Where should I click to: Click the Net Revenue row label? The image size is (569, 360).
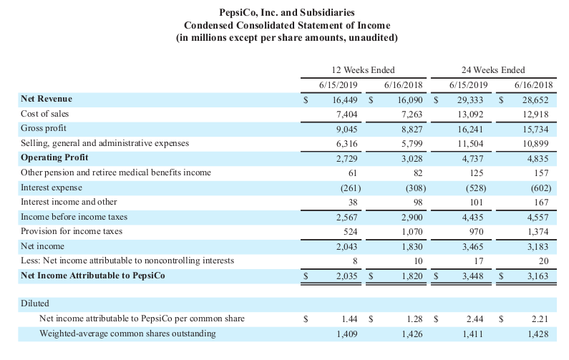47,99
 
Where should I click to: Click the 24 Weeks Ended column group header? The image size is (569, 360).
494,69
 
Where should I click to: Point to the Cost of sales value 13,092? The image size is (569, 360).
472,114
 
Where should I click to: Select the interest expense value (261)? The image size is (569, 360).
347,188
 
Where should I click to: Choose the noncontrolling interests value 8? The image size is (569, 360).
355,261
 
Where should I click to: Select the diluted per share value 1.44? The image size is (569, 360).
349,318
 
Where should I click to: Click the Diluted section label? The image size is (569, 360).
35,303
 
